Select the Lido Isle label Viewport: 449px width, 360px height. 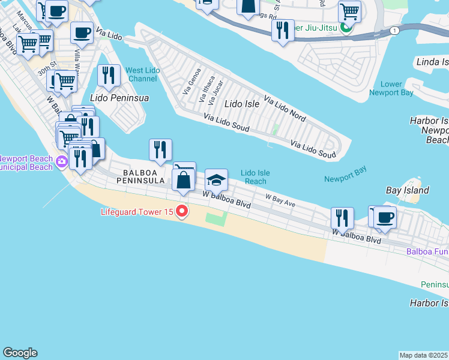[241, 104]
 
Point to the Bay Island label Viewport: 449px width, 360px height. [407, 190]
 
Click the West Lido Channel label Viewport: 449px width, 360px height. [142, 74]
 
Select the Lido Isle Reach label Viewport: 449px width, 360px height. [255, 177]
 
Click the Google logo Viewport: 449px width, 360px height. [20, 353]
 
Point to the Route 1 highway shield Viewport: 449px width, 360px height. [393, 30]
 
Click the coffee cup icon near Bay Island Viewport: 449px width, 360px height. [385, 217]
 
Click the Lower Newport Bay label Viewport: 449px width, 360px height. [393, 88]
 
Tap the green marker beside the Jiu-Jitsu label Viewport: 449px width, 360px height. [345, 27]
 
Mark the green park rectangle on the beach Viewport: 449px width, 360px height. [217, 217]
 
